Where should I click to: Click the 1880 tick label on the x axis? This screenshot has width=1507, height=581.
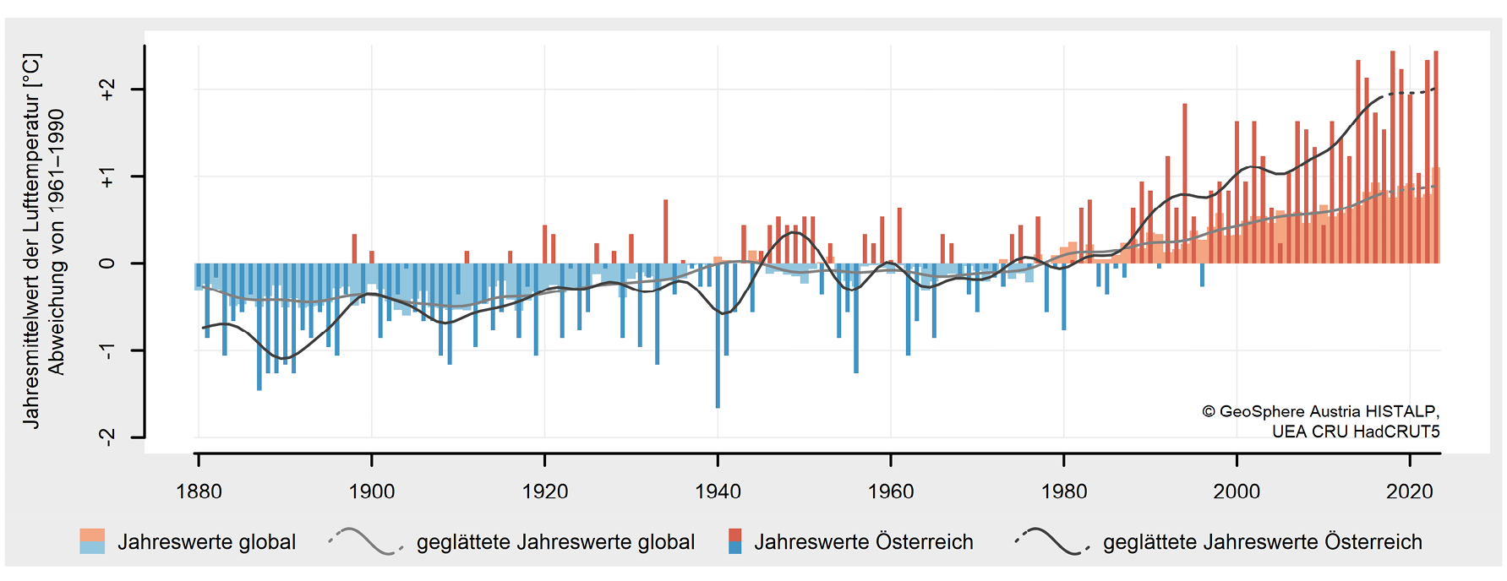(x=199, y=491)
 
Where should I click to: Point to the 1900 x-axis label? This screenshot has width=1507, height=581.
(x=372, y=491)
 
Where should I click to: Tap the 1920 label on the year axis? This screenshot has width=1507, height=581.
(x=545, y=491)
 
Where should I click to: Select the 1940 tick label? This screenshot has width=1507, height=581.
(x=718, y=491)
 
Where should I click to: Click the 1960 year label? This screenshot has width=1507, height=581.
(x=891, y=491)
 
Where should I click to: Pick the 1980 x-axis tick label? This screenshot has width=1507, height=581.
(x=1064, y=491)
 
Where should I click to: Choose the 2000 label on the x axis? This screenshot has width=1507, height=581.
(x=1237, y=491)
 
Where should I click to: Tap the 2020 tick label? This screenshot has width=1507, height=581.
(x=1410, y=491)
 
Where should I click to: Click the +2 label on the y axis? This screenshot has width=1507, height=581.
(x=107, y=90)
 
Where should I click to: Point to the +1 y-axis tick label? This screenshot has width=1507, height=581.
(x=107, y=176)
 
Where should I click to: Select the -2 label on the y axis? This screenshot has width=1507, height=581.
(x=107, y=437)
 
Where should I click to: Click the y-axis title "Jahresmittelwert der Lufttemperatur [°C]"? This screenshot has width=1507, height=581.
(x=31, y=241)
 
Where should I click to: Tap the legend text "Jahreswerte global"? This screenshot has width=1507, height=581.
(x=207, y=542)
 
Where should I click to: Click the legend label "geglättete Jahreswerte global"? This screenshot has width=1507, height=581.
(x=555, y=542)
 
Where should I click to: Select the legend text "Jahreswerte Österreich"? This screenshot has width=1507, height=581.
(x=864, y=542)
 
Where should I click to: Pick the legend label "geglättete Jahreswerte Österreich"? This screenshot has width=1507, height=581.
(x=1263, y=542)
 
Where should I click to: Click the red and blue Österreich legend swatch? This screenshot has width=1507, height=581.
(x=734, y=541)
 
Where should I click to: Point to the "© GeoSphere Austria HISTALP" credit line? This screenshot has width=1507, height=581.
(x=1320, y=411)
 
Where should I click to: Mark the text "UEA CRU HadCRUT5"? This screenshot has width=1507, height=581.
(x=1356, y=432)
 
